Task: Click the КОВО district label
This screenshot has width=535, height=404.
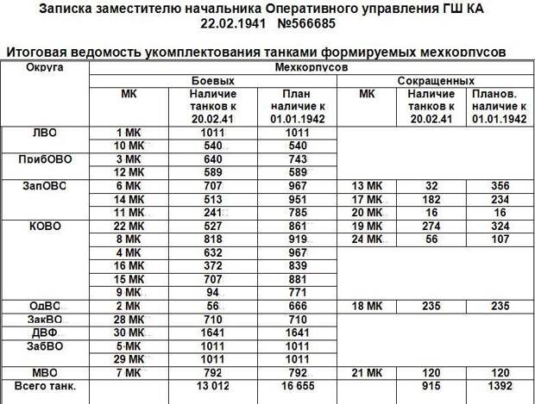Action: (43, 226)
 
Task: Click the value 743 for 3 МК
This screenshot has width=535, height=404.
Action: (298, 159)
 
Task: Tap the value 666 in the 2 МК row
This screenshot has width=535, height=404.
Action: (298, 307)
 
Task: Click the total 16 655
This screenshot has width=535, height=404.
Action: (298, 387)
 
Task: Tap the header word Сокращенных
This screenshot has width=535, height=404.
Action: (431, 79)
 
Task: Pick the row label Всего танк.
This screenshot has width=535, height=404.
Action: (43, 387)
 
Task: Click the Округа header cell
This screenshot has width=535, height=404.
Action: (43, 67)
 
